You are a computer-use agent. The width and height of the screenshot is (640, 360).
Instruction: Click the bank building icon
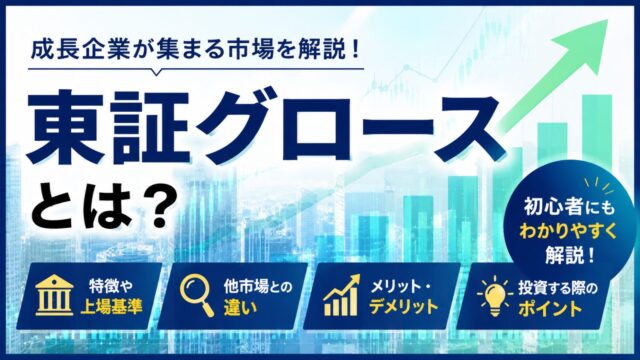point(54,295)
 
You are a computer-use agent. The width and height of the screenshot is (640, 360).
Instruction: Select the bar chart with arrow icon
point(342,295)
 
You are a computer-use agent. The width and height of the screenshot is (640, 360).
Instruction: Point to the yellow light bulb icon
point(494,296)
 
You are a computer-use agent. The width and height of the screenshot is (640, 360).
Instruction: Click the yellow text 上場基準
point(111,306)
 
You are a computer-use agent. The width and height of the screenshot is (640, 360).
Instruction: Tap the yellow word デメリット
point(403,307)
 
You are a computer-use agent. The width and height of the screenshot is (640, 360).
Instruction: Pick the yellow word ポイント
point(550,308)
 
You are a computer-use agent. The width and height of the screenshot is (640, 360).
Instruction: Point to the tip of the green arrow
point(608,20)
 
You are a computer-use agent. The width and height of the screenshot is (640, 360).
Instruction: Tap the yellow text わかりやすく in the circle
point(568,231)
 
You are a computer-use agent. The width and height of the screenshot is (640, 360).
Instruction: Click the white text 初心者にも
point(569,207)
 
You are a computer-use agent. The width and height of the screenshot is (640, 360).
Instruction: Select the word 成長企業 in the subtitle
point(81,50)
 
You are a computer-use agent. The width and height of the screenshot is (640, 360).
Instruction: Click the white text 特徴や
point(111,286)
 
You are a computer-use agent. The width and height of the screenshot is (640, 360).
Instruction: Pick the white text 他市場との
point(258,287)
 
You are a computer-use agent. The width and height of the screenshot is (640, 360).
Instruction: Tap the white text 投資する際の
point(558,288)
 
